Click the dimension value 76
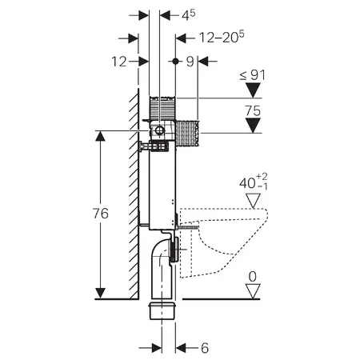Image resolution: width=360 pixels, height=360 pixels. point(101,214)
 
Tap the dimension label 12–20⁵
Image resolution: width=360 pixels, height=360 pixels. point(222,37)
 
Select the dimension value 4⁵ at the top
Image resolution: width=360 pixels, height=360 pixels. point(189,14)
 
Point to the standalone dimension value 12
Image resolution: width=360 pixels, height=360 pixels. point(119,62)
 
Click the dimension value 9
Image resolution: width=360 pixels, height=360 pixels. point(190,62)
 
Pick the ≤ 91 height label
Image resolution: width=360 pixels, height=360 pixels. point(253,75)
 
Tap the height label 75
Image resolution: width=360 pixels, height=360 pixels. point(253,110)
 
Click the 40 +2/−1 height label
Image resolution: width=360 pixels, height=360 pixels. point(254,182)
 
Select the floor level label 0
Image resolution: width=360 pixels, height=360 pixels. point(253,277)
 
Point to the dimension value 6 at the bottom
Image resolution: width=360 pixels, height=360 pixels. point(205,348)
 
